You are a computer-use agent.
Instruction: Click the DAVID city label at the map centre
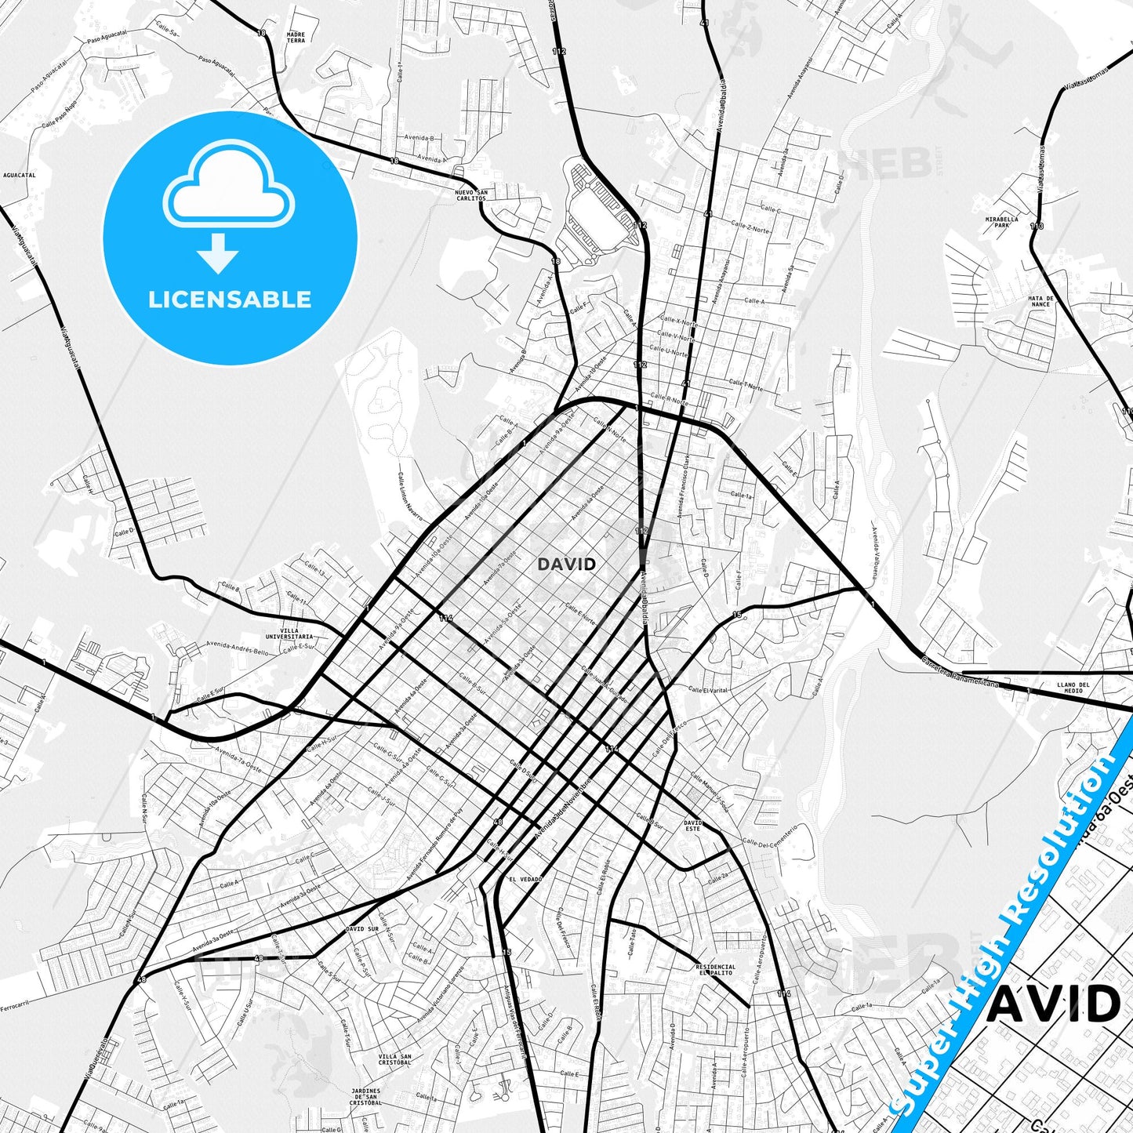tap(566, 564)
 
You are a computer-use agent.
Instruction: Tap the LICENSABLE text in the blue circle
tap(230, 300)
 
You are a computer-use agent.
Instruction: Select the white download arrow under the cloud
tap(218, 253)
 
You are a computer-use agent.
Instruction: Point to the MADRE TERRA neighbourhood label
tap(296, 38)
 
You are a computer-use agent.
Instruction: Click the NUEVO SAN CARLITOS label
tap(470, 195)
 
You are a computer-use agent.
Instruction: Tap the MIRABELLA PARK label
tap(1002, 222)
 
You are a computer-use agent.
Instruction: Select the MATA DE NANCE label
tap(1040, 301)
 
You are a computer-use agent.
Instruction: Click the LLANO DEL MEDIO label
tap(1073, 688)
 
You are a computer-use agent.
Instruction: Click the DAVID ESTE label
tap(692, 826)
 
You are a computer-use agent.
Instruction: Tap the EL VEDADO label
tap(525, 880)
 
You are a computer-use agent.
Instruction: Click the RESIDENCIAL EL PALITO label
tap(715, 970)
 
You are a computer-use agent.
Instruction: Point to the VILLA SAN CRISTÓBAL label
tap(394, 1059)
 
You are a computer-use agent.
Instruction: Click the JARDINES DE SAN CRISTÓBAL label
tap(365, 1096)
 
